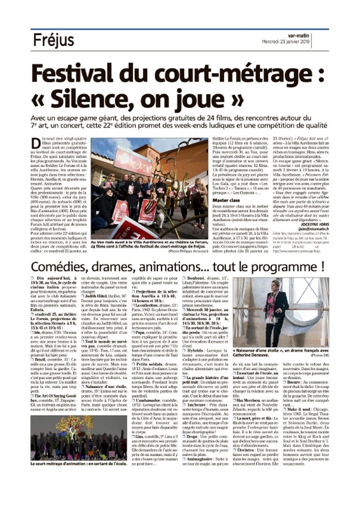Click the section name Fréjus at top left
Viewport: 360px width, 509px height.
click(x=53, y=41)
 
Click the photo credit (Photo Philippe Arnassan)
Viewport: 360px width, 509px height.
click(x=188, y=251)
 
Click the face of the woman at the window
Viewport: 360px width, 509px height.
click(x=277, y=285)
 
